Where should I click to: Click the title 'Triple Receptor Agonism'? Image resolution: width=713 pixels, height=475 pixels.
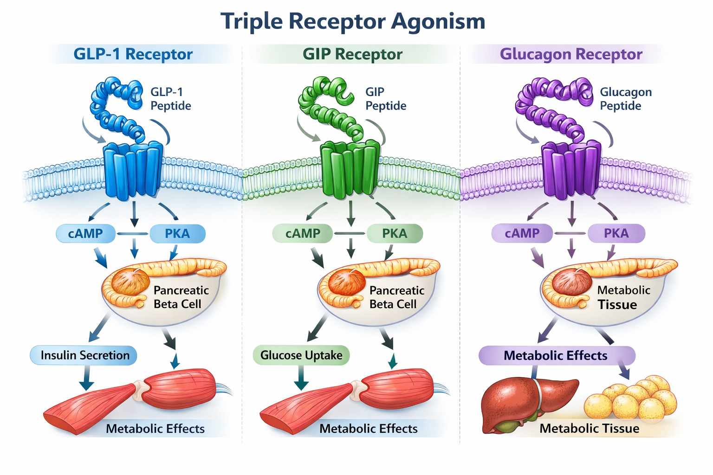pos(353,21)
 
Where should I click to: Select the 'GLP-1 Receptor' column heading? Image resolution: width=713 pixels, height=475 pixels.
pos(133,54)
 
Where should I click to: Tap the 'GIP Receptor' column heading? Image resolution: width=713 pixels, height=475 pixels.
pos(352,54)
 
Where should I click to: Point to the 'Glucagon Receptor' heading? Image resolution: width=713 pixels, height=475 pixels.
pos(571,54)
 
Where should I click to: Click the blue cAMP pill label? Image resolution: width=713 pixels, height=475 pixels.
pos(85,233)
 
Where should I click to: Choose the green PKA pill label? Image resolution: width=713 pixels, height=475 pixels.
pos(395,233)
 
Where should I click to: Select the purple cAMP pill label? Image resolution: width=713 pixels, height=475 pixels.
pos(522,233)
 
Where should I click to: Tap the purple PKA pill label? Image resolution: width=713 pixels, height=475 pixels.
pos(616,233)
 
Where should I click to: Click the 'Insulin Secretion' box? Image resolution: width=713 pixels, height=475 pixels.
pos(84,355)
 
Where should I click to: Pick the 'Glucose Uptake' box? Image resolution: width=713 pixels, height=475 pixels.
pos(301,355)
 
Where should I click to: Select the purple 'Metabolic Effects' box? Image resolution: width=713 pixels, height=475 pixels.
pos(556,356)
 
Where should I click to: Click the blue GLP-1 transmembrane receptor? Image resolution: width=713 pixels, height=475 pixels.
pos(133,170)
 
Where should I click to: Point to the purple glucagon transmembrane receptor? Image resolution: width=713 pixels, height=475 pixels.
pos(571,170)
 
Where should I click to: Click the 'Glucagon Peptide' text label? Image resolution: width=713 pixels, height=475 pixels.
pos(625,99)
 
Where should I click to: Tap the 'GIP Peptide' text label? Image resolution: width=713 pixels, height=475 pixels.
pos(385,99)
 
